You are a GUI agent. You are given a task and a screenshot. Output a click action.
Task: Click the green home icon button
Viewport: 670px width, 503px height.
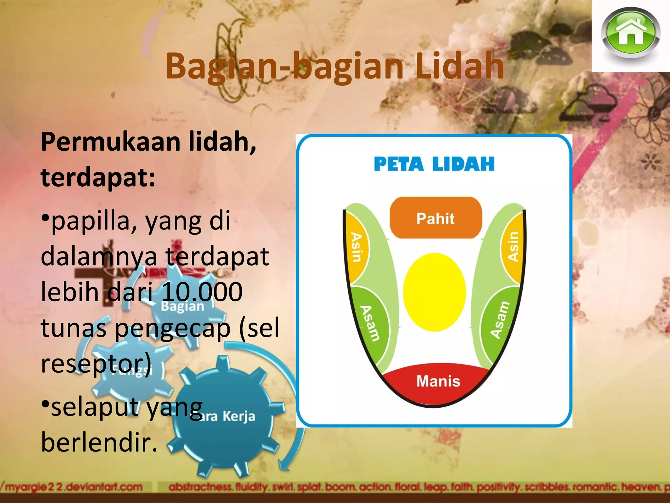(630, 33)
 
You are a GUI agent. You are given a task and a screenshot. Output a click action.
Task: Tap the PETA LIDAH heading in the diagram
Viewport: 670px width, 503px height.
(434, 164)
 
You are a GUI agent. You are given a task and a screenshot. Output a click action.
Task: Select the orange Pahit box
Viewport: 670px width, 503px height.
(435, 218)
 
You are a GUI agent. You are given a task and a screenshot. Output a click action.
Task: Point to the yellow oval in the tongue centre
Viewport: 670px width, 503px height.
(434, 292)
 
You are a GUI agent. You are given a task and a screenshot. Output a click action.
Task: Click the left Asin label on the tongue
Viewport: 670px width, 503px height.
(357, 247)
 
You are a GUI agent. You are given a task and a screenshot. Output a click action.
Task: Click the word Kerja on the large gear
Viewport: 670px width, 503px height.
(239, 416)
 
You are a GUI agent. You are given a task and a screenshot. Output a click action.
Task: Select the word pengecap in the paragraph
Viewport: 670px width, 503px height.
(173, 328)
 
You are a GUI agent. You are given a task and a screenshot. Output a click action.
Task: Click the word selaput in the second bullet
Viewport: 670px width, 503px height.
(95, 407)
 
